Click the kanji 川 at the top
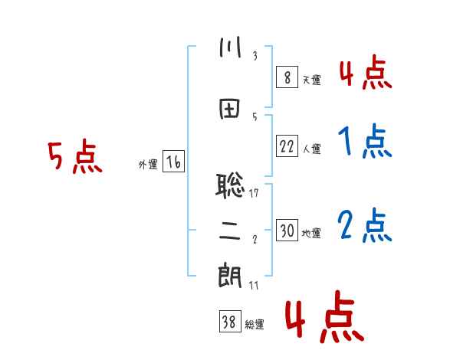coord(230,47)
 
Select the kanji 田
coord(230,109)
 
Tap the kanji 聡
coord(230,185)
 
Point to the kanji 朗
coord(230,276)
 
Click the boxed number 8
coord(287,77)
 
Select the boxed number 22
coord(287,146)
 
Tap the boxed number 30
coord(287,230)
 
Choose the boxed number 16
coord(173,162)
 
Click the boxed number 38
coord(230,321)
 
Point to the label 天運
coord(312,80)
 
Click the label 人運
coord(312,149)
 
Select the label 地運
coord(311,233)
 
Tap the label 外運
coord(148,165)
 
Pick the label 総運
coord(255,324)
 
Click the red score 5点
coord(75,156)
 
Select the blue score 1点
coord(365,141)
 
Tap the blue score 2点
coord(365,225)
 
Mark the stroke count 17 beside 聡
coord(254,193)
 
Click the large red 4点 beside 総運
coord(325,316)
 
